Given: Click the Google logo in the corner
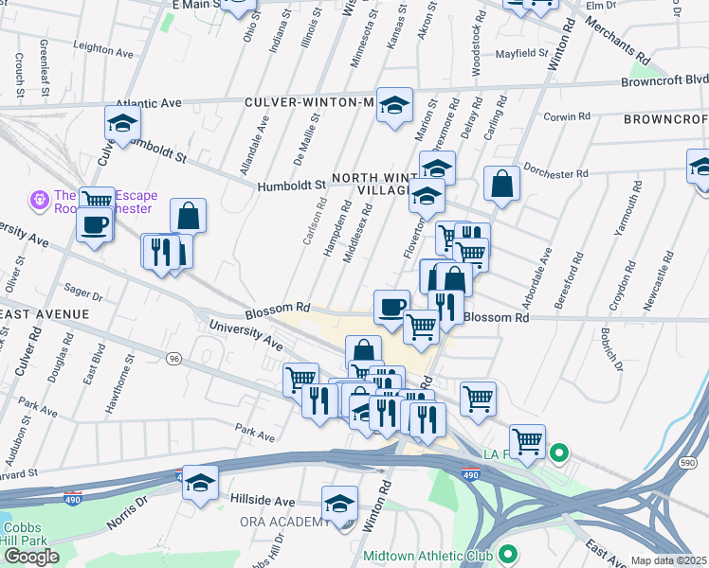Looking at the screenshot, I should (31, 557).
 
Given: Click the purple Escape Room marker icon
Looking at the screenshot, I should (39, 200).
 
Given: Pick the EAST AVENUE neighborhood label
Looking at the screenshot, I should (45, 313).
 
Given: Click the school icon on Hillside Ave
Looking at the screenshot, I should (200, 483).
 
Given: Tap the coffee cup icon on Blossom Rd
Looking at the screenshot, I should (391, 306).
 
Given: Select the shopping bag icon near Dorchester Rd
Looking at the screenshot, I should (501, 185).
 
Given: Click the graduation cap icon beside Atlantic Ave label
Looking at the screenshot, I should (122, 124).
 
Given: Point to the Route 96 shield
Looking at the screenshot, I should (173, 359).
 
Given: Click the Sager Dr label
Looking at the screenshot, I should (82, 286).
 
